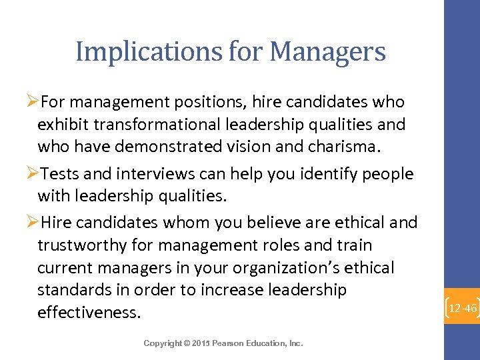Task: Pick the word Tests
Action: (61, 175)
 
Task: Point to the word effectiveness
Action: (89, 313)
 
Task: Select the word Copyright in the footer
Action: (162, 343)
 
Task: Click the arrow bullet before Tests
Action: (33, 175)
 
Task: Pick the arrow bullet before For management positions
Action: (33, 102)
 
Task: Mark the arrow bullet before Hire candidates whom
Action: (33, 222)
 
